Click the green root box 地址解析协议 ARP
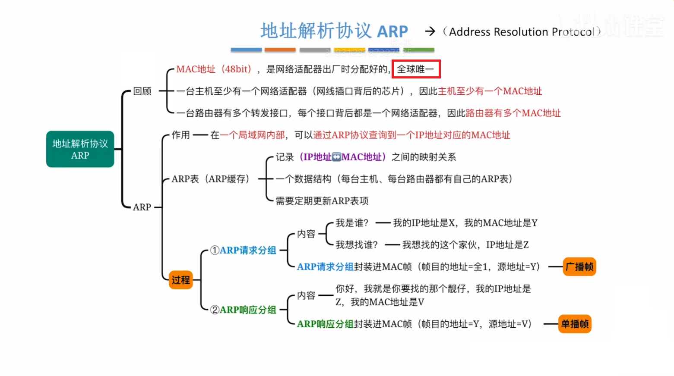click(80, 149)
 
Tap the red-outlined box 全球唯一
click(416, 69)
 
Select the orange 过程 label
click(180, 280)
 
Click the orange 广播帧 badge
click(579, 267)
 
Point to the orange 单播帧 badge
click(575, 324)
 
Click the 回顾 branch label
click(142, 91)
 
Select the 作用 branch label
click(180, 135)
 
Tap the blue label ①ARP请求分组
click(243, 250)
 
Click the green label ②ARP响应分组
click(243, 310)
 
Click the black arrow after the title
click(430, 31)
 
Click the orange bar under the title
click(280, 50)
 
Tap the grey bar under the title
click(315, 50)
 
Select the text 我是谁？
click(352, 223)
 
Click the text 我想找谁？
click(357, 245)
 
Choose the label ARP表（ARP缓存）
click(210, 179)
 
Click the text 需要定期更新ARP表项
click(322, 201)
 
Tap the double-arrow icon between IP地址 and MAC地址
click(337, 157)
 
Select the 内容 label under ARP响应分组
click(306, 295)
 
